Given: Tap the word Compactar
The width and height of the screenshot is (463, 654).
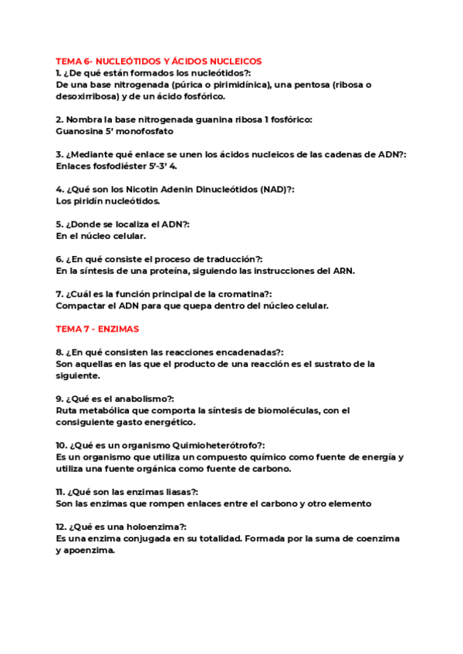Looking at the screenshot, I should pos(81,305).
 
